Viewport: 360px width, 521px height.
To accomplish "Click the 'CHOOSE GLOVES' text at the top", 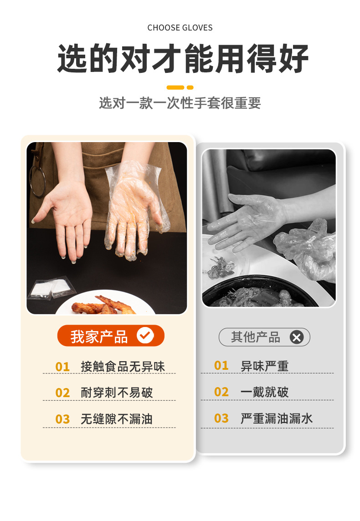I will tap(180, 28).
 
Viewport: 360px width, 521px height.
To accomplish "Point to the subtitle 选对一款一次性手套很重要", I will tap(180, 103).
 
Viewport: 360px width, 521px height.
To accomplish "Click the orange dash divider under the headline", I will tap(180, 87).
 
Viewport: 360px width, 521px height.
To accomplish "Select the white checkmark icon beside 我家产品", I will tap(145, 336).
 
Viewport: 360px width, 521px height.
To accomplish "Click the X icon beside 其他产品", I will tap(297, 337).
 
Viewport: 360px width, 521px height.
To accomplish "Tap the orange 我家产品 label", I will tap(99, 336).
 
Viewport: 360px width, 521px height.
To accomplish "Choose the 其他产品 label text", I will tap(255, 337).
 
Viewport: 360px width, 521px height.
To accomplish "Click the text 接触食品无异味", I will tap(123, 367).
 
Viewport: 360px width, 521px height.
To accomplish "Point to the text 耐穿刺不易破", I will tap(117, 393).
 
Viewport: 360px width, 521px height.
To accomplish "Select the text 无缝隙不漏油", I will tap(117, 419).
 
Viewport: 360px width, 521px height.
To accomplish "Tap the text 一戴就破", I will tap(264, 392).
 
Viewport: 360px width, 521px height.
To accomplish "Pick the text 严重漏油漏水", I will tap(277, 419).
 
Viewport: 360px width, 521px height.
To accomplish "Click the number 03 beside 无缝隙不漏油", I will tap(62, 419).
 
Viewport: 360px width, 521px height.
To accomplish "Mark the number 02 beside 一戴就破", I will tap(221, 392).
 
